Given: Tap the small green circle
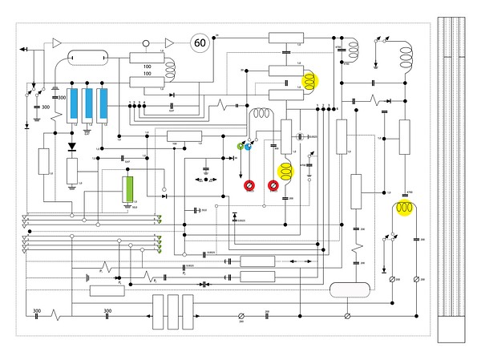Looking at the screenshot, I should coord(240,146).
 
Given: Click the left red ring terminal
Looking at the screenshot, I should coord(250,187).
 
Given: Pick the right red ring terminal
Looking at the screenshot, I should coord(273,187).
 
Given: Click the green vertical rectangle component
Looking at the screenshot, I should coord(127,191).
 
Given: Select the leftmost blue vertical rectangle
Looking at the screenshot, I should coord(74,103).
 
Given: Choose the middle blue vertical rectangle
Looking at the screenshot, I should coord(89,103).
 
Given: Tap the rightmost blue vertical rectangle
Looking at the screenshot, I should coord(104,103).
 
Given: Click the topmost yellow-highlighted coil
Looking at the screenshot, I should coord(311,80).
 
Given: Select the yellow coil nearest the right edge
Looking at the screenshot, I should coord(403,210).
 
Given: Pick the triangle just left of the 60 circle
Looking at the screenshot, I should coord(169,42).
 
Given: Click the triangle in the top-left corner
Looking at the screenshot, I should coord(56,41).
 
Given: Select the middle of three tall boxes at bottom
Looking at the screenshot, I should coord(173,311).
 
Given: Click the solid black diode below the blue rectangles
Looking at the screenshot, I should coord(73,147).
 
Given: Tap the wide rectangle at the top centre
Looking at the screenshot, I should coord(286,38).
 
